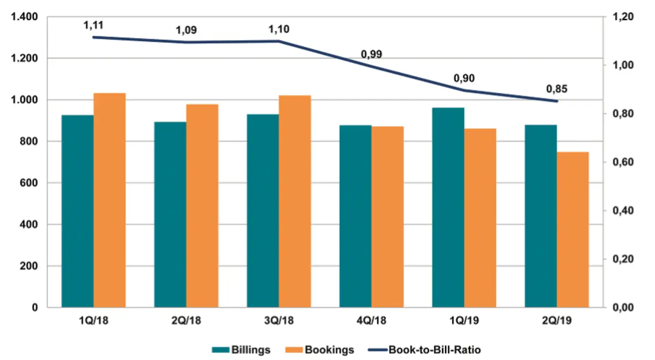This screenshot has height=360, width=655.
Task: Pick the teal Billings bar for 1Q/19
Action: click(448, 207)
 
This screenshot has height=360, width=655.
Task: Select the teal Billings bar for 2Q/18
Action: click(170, 215)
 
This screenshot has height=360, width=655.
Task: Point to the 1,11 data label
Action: click(94, 25)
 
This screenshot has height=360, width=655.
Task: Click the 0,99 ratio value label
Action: click(372, 54)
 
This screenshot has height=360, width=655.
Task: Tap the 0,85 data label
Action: click(557, 89)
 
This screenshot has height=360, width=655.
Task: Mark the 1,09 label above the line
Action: click(186, 30)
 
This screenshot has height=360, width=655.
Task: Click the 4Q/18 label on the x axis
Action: click(372, 321)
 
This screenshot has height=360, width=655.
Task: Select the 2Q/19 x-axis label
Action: click(557, 321)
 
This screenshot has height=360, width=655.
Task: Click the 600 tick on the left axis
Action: click(29, 183)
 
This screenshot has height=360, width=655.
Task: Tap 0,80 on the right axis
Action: click(623, 114)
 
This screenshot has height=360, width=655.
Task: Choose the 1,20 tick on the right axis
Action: click(623, 17)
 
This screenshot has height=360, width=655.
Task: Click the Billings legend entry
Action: click(241, 350)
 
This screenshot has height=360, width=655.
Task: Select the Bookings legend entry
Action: click(321, 350)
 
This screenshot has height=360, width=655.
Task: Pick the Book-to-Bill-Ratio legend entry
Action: click(424, 350)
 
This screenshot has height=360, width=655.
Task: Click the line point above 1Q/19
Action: click(464, 90)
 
